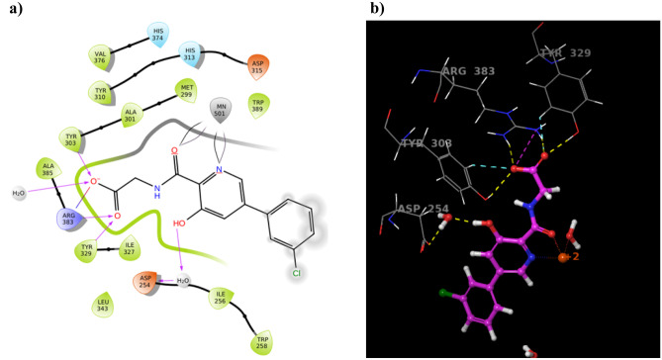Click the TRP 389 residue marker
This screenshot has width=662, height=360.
[x=260, y=105]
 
